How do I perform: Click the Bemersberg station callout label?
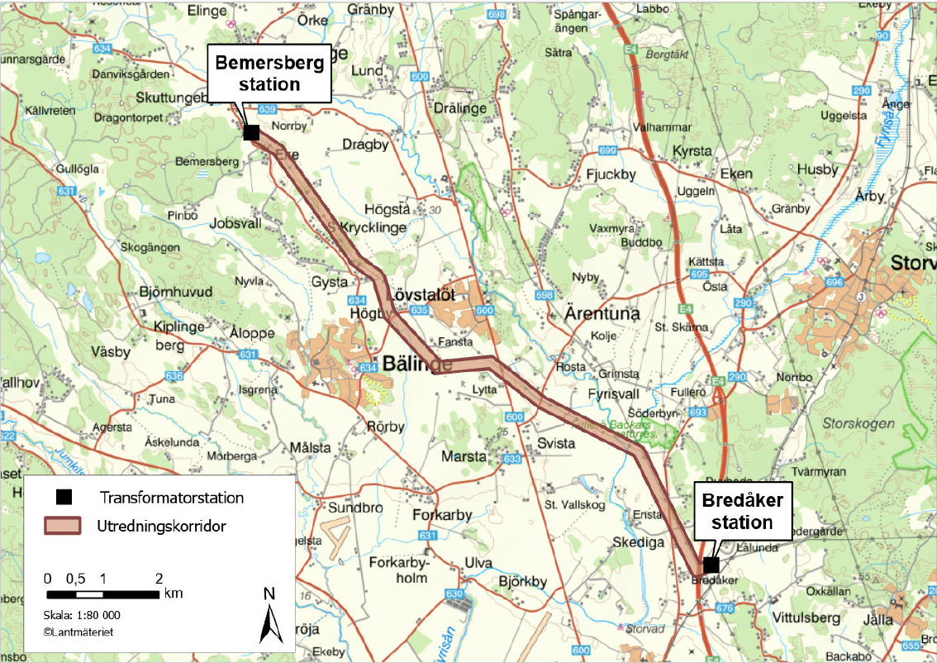tap(269, 73)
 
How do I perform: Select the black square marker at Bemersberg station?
tap(252, 132)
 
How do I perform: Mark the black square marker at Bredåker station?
tap(710, 565)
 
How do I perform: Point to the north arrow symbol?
tap(269, 615)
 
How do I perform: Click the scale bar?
tap(102, 594)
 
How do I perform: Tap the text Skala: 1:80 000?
tap(82, 615)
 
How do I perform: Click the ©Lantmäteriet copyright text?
tap(78, 632)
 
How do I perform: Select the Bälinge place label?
tap(416, 364)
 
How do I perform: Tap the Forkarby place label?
tap(441, 515)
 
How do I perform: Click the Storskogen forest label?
tap(858, 423)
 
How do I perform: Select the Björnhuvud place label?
tap(176, 292)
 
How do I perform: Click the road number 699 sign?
tap(607, 150)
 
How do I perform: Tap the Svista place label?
tap(555, 444)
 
